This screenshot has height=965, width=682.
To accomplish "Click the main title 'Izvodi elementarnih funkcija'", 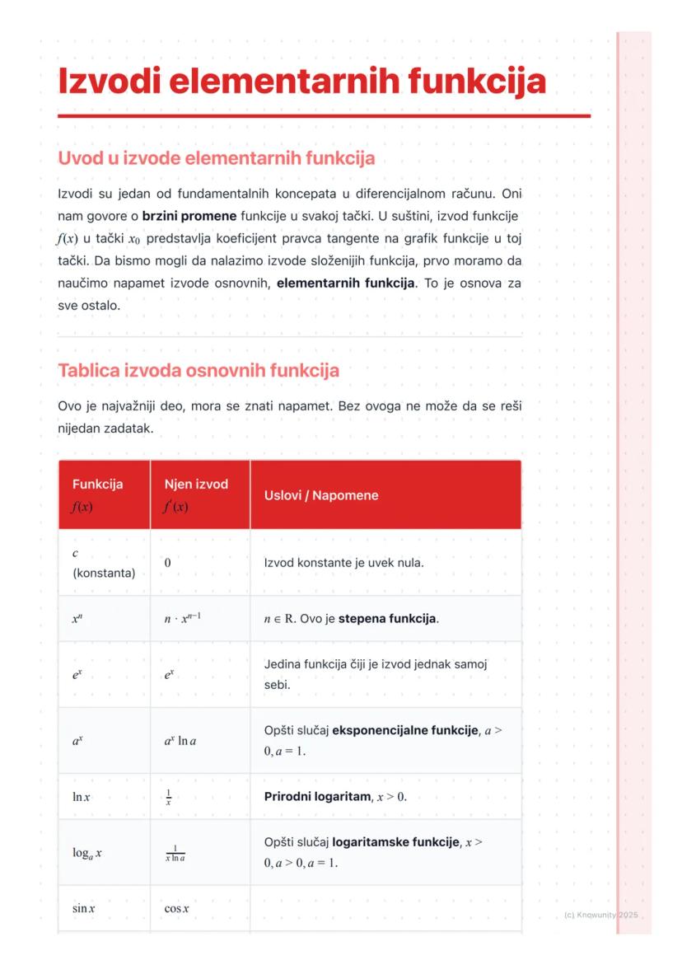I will [x=301, y=82].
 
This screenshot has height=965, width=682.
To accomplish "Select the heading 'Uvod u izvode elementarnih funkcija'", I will [x=216, y=157].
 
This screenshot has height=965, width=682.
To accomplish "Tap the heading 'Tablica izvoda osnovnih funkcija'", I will [x=198, y=371].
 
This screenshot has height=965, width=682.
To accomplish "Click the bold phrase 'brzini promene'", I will [x=189, y=217].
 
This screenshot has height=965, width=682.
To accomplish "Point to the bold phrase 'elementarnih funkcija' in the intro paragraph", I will [x=345, y=283].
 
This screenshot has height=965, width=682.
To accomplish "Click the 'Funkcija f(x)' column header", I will [x=97, y=495].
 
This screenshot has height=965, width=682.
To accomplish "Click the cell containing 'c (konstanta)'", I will [x=103, y=563].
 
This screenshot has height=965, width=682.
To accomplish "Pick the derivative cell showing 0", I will [x=167, y=563].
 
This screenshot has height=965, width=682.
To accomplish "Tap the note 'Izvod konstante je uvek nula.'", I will [x=343, y=563].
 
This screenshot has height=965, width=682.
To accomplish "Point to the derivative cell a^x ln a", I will [x=180, y=741].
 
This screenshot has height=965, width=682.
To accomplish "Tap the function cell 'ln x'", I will [x=82, y=797].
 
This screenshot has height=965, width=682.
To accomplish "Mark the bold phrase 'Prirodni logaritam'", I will [x=315, y=797].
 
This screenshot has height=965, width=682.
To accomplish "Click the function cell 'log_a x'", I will [x=87, y=853].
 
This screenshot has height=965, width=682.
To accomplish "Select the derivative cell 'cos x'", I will [x=176, y=909].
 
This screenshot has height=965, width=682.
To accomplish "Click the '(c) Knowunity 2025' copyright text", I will [x=601, y=916].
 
